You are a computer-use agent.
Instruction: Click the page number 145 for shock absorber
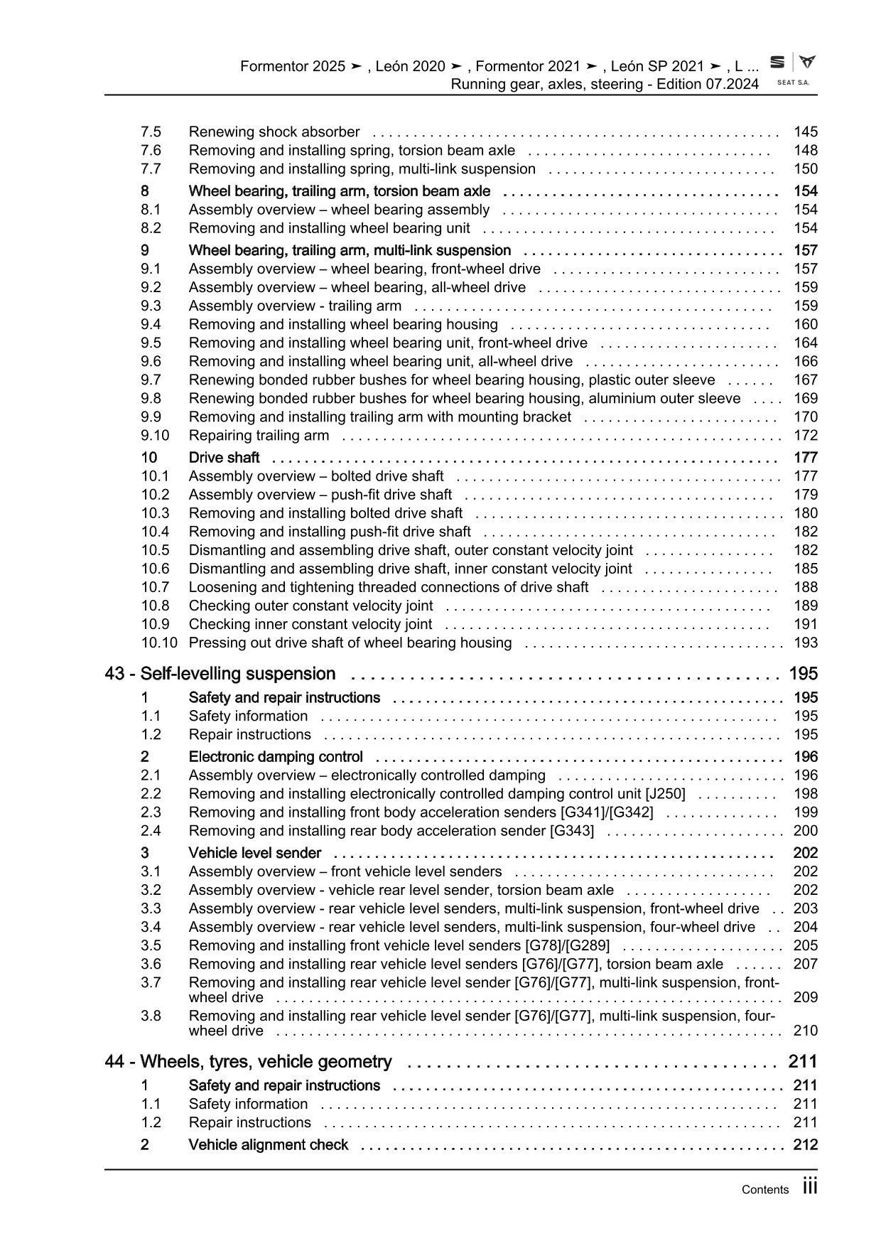[x=806, y=132]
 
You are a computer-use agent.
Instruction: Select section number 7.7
[x=151, y=169]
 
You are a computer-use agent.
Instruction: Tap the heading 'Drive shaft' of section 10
[x=224, y=458]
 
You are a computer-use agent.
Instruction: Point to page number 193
[x=806, y=643]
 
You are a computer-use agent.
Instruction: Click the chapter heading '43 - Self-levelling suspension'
[x=220, y=674]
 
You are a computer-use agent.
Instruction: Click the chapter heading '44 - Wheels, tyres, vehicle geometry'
[x=248, y=1062]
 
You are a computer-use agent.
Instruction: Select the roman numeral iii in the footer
[x=810, y=1187]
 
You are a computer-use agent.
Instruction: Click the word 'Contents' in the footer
[x=764, y=1190]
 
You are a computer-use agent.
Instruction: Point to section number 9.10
[x=155, y=436]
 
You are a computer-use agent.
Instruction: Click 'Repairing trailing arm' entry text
[x=259, y=436]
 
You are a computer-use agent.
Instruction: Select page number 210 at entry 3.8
[x=806, y=1031]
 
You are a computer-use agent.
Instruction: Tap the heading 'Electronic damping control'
[x=276, y=757]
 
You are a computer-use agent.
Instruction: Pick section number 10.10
[x=158, y=643]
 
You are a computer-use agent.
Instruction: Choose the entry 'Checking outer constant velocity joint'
[x=310, y=606]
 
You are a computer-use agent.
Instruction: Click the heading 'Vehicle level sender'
[x=254, y=853]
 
